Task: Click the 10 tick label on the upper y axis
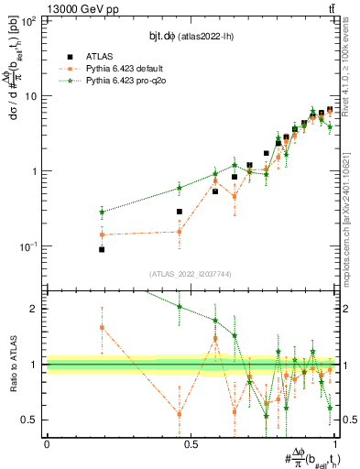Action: tap(31, 96)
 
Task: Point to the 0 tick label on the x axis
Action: tap(47, 444)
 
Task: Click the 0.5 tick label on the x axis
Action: tap(191, 444)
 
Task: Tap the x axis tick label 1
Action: tap(336, 444)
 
